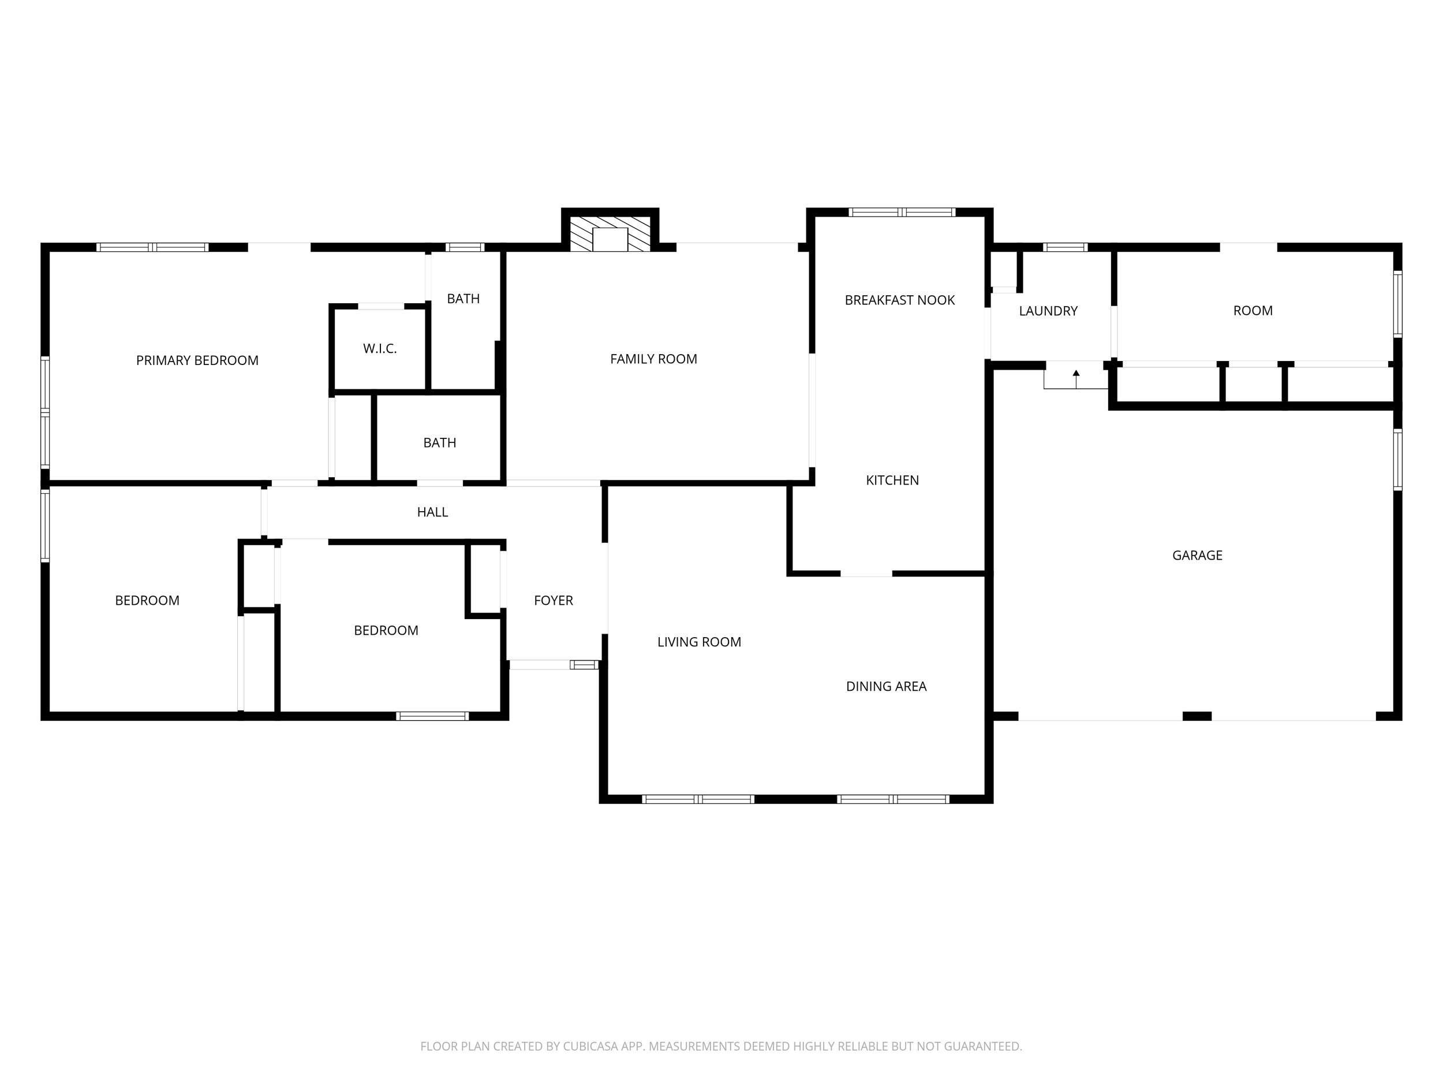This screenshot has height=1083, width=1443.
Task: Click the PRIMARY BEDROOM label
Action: pyautogui.click(x=197, y=360)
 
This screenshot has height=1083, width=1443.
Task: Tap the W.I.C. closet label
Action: pyautogui.click(x=380, y=349)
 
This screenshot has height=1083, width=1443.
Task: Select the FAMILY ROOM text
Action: pyautogui.click(x=653, y=359)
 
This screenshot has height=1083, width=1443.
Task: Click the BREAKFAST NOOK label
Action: pyautogui.click(x=900, y=300)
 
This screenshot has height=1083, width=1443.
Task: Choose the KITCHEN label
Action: pyautogui.click(x=892, y=481)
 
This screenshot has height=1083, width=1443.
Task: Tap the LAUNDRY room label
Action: pyautogui.click(x=1048, y=311)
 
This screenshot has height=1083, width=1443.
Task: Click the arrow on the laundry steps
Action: pyautogui.click(x=1076, y=379)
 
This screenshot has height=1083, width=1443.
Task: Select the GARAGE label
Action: pyautogui.click(x=1197, y=556)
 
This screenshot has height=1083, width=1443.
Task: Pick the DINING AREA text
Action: pyautogui.click(x=886, y=686)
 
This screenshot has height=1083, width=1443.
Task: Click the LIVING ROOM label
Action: pyautogui.click(x=700, y=642)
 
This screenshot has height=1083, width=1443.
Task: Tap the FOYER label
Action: pyautogui.click(x=553, y=601)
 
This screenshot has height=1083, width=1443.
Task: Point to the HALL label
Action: pyautogui.click(x=432, y=512)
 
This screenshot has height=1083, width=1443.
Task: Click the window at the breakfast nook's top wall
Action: pyautogui.click(x=902, y=212)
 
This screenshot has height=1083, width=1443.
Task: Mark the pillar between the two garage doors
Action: pyautogui.click(x=1197, y=716)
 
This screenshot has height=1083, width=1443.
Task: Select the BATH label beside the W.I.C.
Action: pyautogui.click(x=463, y=299)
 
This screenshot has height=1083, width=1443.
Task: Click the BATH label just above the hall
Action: pyautogui.click(x=440, y=443)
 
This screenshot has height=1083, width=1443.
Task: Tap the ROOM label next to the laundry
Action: pyautogui.click(x=1253, y=311)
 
